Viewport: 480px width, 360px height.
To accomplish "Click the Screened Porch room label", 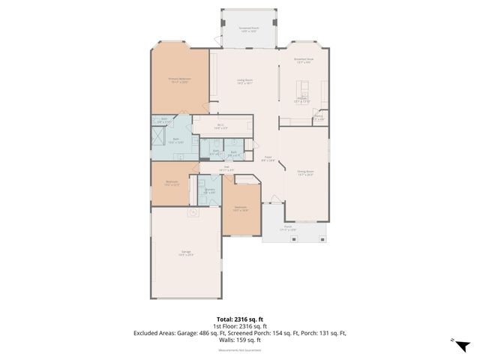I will coord(248,28).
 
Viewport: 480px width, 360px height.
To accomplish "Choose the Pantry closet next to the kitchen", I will coord(318,118).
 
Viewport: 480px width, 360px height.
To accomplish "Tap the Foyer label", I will coord(268,159).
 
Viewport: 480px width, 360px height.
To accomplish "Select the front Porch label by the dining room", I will coord(289,227).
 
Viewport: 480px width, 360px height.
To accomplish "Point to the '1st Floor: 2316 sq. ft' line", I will coord(239,326).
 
